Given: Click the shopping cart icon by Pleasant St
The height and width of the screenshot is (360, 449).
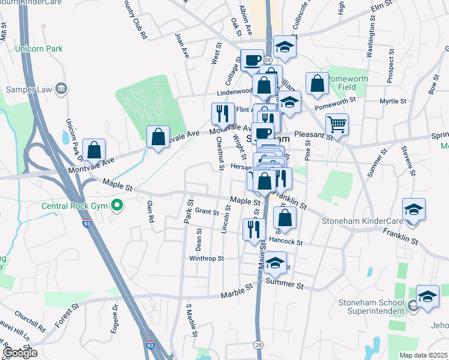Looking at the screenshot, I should click(337, 125).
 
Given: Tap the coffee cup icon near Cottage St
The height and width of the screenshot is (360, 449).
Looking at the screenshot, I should click(252, 59).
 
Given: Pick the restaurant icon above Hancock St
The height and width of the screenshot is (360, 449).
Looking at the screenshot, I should click(254, 229).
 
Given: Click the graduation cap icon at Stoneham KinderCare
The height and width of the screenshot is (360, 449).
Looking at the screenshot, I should click(414, 209).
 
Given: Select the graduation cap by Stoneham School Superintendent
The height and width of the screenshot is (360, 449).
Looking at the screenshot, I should click(427, 296).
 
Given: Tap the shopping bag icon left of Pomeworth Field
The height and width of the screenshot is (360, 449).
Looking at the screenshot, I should click(317, 83).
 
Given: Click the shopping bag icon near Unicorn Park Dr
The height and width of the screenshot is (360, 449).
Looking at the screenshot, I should click(94, 149).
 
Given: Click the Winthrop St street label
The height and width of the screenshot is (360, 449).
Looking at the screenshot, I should click(206, 259).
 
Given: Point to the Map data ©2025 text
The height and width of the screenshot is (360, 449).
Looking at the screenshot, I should click(423, 355).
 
